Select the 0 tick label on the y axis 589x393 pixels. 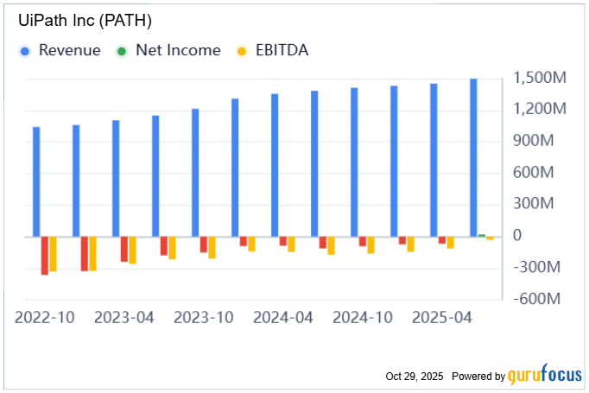pyautogui.click(x=518, y=236)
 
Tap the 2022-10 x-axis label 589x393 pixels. pyautogui.click(x=45, y=318)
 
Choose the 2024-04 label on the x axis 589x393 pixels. pyautogui.click(x=283, y=318)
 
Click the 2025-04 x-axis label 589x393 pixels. pyautogui.click(x=442, y=318)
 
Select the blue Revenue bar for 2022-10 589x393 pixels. pyautogui.click(x=36, y=181)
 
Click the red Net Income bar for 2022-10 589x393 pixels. pyautogui.click(x=45, y=255)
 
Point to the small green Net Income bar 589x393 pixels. pyautogui.click(x=482, y=235)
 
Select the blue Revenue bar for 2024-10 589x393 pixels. pyautogui.click(x=354, y=162)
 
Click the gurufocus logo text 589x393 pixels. pyautogui.click(x=545, y=376)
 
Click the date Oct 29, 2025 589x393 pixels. pyautogui.click(x=415, y=377)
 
